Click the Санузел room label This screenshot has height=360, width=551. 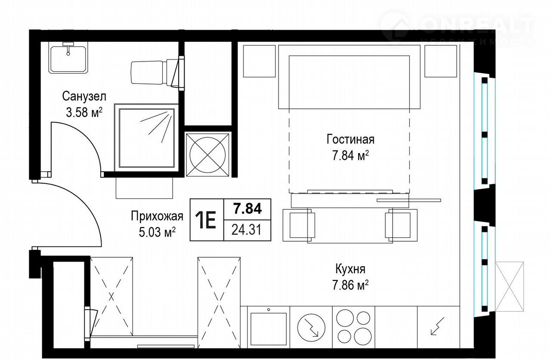(x=84, y=96)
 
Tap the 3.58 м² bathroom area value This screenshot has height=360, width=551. (x=84, y=113)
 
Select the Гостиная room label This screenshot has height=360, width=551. (x=350, y=139)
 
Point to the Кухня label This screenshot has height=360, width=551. (x=350, y=269)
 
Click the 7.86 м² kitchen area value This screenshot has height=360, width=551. (x=350, y=285)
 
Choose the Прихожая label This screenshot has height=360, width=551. (x=157, y=216)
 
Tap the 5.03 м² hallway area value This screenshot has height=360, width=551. (x=157, y=232)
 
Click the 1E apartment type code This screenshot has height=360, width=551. (x=206, y=220)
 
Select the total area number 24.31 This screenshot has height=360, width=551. (x=247, y=230)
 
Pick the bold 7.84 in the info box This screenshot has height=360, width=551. (x=248, y=209)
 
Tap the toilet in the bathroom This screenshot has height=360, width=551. (x=157, y=73)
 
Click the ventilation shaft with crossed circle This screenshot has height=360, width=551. (x=208, y=155)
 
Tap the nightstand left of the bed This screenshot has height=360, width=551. (x=259, y=61)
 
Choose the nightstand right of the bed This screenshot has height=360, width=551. (x=440, y=61)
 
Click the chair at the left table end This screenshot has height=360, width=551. (x=299, y=225)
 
